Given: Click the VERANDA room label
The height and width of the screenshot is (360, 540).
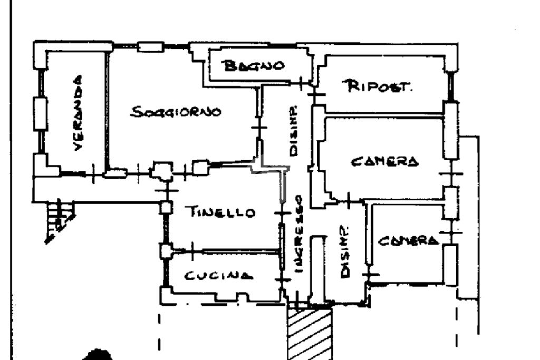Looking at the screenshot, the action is click(x=78, y=113).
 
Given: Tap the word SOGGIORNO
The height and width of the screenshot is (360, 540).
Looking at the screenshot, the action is click(x=176, y=112).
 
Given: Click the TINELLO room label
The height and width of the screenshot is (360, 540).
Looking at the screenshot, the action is click(x=220, y=212).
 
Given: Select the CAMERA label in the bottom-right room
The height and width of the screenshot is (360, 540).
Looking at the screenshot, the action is click(x=408, y=241).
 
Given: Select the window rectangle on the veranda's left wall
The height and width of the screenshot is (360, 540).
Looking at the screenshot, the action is click(x=40, y=113).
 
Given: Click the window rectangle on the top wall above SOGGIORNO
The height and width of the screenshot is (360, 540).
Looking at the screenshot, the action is click(x=150, y=47).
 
